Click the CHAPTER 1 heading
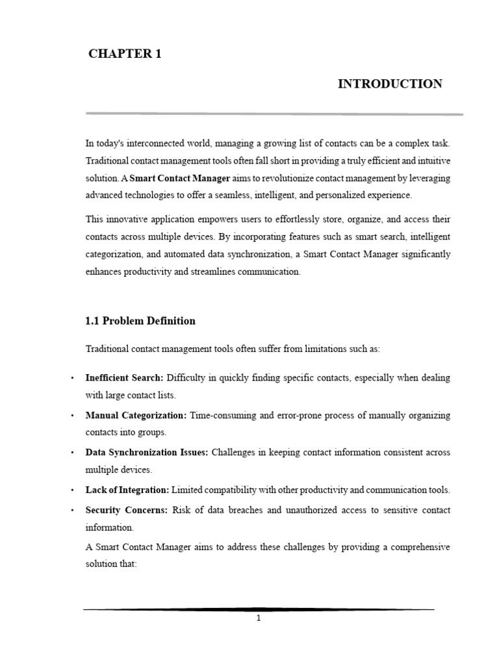[x=124, y=55]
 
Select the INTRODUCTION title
[x=390, y=84]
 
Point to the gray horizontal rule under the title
[x=274, y=114]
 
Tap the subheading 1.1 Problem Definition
[x=140, y=321]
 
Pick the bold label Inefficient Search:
[x=125, y=377]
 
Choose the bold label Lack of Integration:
[x=127, y=490]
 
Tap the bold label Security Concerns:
[x=127, y=510]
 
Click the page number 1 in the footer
[x=259, y=619]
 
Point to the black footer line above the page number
[x=259, y=609]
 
